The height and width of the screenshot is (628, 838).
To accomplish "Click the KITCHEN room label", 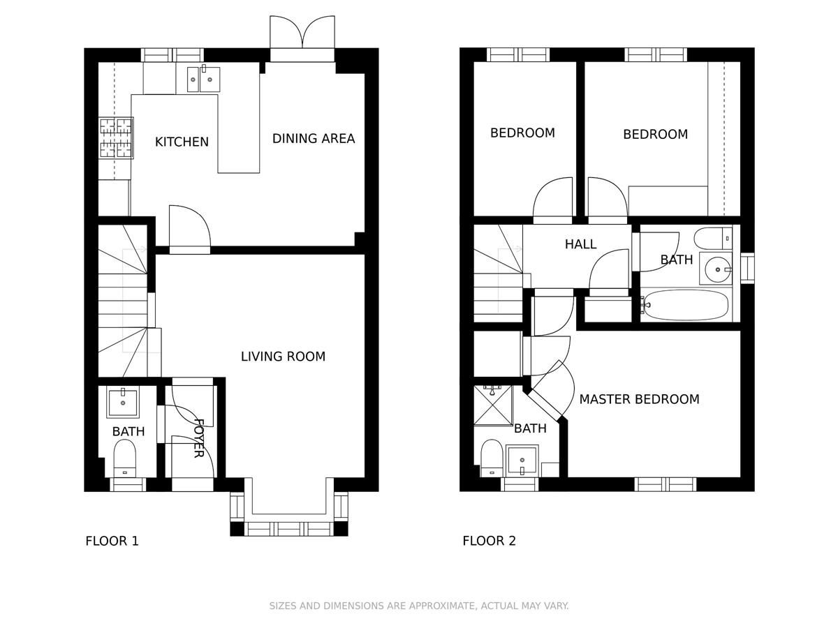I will click(182, 142).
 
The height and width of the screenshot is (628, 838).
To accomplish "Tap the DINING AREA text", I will click(313, 139).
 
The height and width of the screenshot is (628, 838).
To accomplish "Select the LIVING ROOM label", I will click(283, 357).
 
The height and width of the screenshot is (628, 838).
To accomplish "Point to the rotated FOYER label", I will click(198, 438).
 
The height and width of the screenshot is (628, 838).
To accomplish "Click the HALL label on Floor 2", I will click(580, 244).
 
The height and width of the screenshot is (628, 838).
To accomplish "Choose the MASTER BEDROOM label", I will click(639, 399).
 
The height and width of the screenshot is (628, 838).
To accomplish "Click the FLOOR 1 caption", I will click(112, 541).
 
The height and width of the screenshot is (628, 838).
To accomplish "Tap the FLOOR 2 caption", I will click(489, 541).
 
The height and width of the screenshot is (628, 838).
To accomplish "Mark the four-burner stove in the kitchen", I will click(116, 137).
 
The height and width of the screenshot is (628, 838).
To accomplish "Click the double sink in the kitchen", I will click(203, 79).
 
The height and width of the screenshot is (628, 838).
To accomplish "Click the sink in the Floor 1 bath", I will click(123, 402).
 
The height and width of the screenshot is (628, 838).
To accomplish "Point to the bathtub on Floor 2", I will click(686, 305).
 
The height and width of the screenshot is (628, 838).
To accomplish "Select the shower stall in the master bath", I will click(493, 405).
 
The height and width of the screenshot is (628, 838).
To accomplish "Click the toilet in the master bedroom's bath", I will click(492, 458).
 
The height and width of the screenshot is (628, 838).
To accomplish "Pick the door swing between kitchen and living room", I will click(189, 227).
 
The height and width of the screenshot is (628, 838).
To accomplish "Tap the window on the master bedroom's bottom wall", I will click(665, 484).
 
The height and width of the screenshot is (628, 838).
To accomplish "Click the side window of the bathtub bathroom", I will click(747, 268).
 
